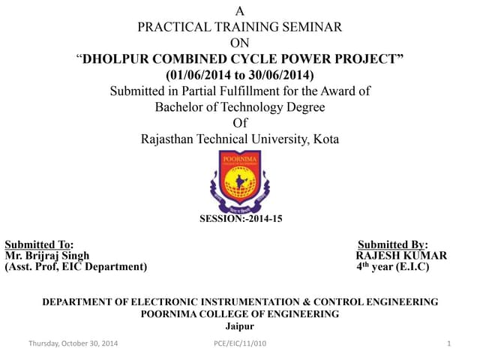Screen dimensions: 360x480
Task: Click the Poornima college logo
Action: pyautogui.click(x=239, y=181)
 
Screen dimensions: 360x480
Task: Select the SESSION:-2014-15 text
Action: pyautogui.click(x=240, y=219)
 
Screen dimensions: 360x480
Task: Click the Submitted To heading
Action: pyautogui.click(x=39, y=244)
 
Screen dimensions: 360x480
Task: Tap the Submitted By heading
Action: pyautogui.click(x=392, y=244)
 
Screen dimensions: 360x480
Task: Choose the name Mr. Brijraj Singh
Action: pyautogui.click(x=47, y=256)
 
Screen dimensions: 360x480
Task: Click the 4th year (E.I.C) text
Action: pyautogui.click(x=392, y=266)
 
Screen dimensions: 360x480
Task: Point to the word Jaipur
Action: pyautogui.click(x=240, y=326)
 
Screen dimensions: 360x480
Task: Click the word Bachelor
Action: pyautogui.click(x=180, y=107)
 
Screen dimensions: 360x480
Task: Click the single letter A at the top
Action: pyautogui.click(x=240, y=11)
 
